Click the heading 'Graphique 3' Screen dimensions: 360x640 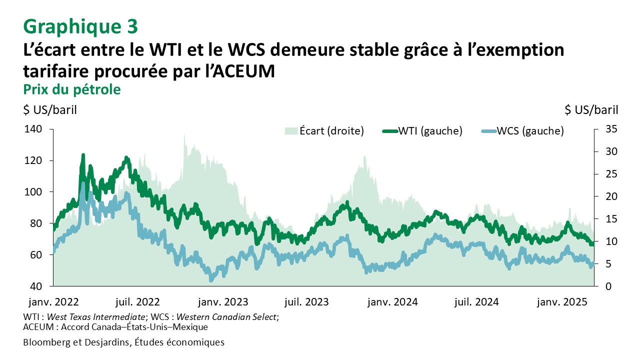80,26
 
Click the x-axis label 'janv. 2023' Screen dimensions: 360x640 223,302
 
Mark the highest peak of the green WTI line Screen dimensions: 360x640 83,155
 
